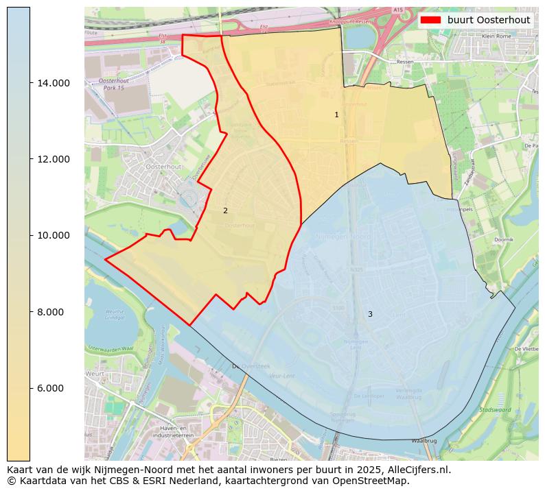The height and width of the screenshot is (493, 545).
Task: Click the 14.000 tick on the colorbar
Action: (x=54, y=83)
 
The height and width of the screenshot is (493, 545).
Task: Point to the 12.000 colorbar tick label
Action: (x=54, y=159)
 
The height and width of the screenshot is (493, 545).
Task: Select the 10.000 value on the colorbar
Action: (x=54, y=235)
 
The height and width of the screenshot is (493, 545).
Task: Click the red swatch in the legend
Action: (x=431, y=20)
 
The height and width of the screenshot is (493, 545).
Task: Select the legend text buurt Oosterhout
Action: (x=489, y=20)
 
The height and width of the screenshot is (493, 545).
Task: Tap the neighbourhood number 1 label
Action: (x=336, y=115)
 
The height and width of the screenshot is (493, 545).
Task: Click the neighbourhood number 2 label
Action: (x=225, y=211)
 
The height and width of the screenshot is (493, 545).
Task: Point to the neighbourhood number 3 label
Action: (x=370, y=314)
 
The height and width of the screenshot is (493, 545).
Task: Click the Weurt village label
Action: (x=96, y=374)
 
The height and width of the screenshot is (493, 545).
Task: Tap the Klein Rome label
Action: (x=497, y=36)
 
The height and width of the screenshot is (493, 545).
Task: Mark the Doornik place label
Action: (x=504, y=240)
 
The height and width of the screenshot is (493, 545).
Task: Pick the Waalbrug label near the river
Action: (x=424, y=441)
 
